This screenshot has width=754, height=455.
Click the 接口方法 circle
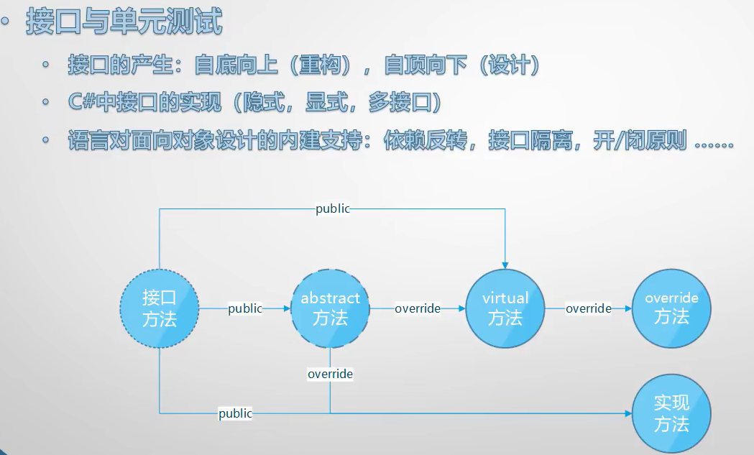159,309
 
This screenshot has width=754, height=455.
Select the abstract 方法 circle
330,309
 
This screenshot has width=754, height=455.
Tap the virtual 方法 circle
505,309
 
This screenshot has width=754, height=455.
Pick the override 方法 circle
671,309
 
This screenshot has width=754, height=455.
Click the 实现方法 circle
671,413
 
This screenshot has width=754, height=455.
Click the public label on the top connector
333,208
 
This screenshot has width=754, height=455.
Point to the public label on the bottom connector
236,413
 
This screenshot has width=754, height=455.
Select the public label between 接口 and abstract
245,309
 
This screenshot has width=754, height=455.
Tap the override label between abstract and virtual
417,309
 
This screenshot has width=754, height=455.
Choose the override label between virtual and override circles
588,309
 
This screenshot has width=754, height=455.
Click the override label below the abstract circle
330,374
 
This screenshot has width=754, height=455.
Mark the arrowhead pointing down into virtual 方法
505,264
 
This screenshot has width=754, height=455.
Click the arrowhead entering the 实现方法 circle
628,413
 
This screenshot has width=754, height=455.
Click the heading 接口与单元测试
124,22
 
